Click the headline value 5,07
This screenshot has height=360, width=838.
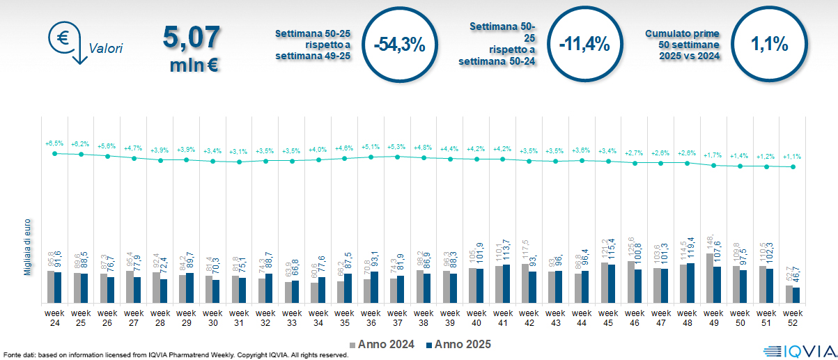(191, 37)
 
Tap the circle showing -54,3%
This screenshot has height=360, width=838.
(398, 45)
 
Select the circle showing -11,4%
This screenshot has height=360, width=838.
(584, 45)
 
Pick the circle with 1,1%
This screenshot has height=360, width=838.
(769, 45)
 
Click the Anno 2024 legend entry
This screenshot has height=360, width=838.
(382, 344)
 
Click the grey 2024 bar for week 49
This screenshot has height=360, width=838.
(710, 279)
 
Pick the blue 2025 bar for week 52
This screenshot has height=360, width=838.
(796, 295)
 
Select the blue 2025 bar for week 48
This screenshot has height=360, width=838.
(691, 283)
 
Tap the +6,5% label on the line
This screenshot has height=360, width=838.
(54, 143)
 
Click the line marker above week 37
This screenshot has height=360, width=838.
(397, 157)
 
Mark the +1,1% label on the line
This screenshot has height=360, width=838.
(793, 157)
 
